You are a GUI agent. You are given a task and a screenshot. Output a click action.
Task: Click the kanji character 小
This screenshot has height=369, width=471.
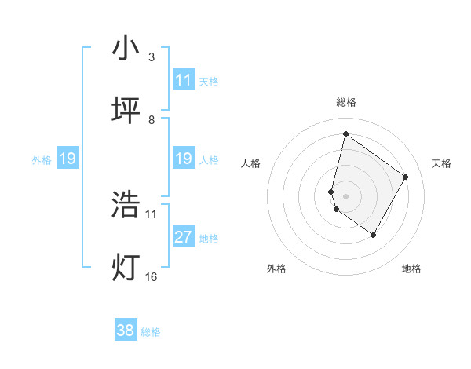click(126, 49)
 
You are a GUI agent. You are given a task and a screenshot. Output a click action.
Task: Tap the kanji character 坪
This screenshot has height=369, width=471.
click(126, 111)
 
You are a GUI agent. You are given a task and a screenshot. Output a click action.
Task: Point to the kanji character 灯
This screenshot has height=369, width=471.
click(126, 267)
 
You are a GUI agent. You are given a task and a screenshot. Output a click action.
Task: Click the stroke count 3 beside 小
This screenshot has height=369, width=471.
click(152, 57)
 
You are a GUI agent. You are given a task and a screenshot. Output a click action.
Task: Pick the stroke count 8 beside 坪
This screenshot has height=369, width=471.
click(152, 120)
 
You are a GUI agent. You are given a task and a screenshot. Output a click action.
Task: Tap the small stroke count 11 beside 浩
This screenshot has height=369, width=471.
click(152, 214)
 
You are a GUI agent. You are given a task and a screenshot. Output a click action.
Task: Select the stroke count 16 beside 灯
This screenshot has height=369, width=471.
click(152, 276)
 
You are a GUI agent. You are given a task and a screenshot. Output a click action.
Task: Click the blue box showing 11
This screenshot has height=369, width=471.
click(184, 80)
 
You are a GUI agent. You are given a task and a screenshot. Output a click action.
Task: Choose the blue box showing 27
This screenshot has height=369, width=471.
click(184, 237)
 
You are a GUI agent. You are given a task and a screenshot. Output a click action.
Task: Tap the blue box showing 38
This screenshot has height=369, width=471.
click(126, 331)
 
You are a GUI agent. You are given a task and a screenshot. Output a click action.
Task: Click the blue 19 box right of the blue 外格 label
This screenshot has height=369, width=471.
click(68, 159)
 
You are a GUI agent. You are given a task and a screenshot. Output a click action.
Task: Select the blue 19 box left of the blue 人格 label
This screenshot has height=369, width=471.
click(184, 159)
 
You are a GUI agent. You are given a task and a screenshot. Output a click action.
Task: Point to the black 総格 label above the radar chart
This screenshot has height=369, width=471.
click(346, 102)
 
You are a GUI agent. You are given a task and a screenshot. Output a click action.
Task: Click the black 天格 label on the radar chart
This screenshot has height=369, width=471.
click(441, 163)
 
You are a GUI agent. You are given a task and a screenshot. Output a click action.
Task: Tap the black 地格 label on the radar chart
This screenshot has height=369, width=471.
click(411, 269)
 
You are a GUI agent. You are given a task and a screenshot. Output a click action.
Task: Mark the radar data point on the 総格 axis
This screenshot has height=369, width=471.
click(345, 134)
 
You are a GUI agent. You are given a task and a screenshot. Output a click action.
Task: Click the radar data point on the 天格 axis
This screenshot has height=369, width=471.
click(406, 177)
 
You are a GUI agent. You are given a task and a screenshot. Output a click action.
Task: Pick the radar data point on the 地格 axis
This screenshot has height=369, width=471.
click(374, 235)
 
